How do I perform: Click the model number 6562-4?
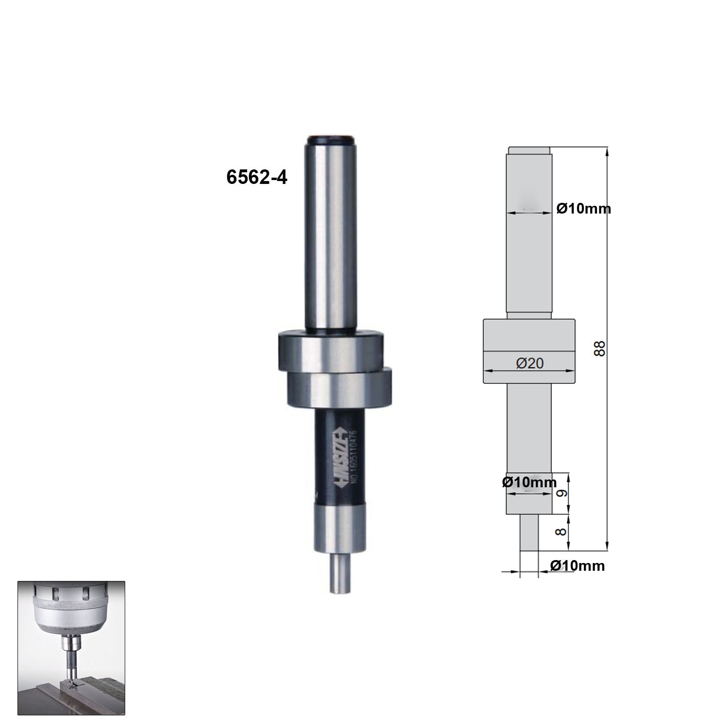[x=257, y=178]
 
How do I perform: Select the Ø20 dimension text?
[x=529, y=363]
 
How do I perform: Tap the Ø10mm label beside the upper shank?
[x=583, y=209]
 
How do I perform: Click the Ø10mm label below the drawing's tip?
[x=577, y=566]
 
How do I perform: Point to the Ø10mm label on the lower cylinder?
[x=529, y=482]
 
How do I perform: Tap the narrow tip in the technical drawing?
[x=529, y=532]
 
